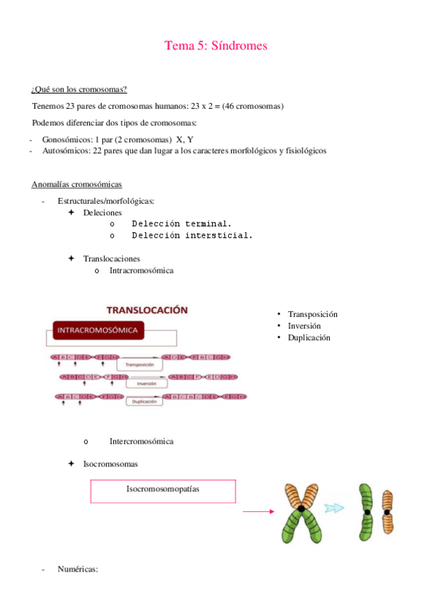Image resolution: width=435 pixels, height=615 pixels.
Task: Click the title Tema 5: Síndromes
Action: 216,46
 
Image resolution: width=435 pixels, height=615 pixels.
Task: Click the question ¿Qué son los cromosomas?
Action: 80,89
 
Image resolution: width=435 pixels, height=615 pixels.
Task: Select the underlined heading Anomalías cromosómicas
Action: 77,184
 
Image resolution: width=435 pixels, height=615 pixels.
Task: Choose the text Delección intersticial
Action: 192,235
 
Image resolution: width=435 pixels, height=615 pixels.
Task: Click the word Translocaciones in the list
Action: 112,258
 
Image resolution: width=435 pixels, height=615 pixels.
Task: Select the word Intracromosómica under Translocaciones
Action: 142,271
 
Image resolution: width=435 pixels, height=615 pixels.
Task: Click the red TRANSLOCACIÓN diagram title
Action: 147,310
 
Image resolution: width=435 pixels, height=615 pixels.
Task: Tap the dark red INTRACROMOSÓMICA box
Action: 97,331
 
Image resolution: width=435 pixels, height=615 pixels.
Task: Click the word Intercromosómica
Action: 142,441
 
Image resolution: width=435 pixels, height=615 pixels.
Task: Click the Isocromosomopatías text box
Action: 163,490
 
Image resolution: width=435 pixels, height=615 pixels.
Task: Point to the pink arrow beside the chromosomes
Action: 259,511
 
